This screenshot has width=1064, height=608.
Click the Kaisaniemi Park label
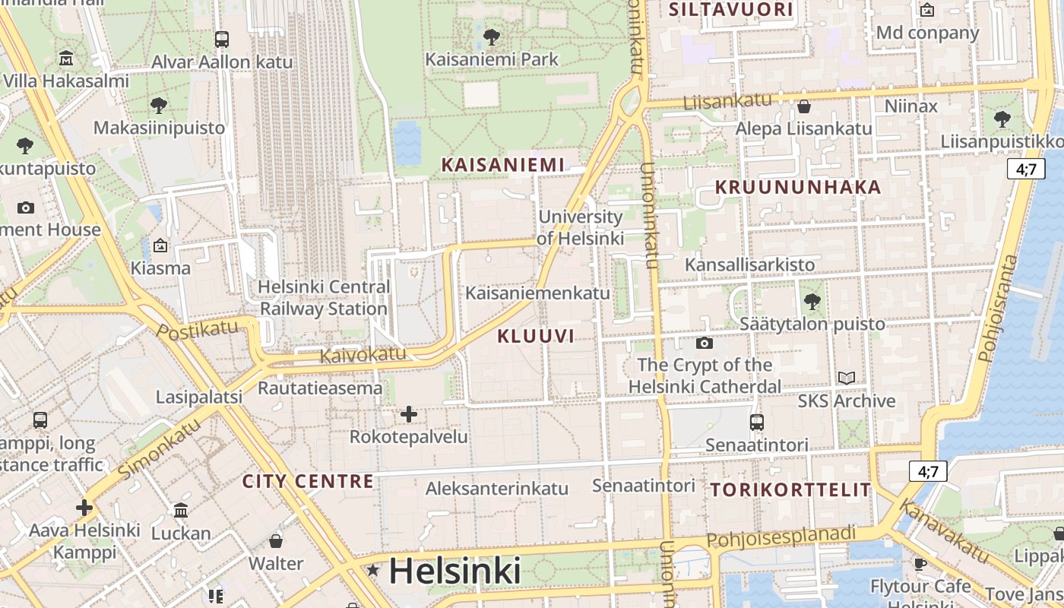point(492,59)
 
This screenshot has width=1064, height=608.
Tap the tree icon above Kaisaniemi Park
point(492,36)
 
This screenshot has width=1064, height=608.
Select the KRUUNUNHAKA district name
point(798,188)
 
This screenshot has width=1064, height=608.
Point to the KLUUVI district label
point(536,336)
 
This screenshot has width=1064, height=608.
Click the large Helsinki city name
point(454,571)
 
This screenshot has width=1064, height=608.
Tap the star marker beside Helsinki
point(373,570)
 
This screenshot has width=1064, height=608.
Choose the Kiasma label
point(160,268)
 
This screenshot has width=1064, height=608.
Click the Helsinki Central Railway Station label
point(324,298)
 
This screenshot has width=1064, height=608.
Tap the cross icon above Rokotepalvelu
point(409,414)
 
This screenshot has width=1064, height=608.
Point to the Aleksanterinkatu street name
point(497,489)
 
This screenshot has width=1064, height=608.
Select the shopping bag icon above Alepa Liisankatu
point(803,106)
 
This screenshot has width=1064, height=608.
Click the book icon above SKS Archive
point(846,378)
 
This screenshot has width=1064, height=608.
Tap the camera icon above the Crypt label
point(705,343)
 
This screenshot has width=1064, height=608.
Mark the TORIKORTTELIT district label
point(791,490)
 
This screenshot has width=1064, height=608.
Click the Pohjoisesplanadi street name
point(781,537)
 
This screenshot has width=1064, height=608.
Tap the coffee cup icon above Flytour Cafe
point(920,564)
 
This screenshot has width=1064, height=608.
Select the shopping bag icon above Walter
point(276,541)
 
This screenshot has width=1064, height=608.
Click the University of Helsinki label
point(581,227)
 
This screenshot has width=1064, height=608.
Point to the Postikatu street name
point(197,330)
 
